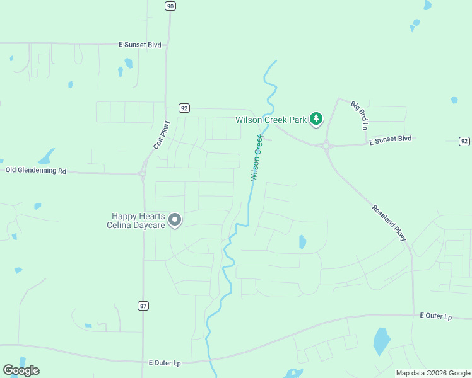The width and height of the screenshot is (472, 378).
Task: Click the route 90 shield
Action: click(x=170, y=6)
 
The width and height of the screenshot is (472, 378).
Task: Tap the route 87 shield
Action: click(x=143, y=306)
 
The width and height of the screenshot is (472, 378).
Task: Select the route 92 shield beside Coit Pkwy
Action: click(x=184, y=108)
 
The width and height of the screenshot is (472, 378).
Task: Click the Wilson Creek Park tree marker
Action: click(x=316, y=118)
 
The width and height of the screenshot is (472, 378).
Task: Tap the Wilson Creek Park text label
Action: click(x=271, y=120)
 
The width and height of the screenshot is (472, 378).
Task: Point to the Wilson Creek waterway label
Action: click(x=257, y=157)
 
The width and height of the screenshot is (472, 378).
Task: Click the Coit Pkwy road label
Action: click(x=162, y=135)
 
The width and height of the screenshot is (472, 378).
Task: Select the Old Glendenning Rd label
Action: click(x=35, y=170)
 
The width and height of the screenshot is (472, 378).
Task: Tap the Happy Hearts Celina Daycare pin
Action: click(x=175, y=220)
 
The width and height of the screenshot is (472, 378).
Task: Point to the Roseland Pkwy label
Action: click(x=389, y=222)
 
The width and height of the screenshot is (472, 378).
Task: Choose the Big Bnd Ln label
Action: click(x=358, y=114)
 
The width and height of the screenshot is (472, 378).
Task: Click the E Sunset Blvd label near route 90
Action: click(x=140, y=45)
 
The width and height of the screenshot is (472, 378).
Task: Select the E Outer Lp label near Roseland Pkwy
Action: click(x=436, y=315)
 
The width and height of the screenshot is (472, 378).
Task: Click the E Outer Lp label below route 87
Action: click(x=165, y=363)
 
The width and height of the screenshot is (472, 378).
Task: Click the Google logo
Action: click(x=21, y=370)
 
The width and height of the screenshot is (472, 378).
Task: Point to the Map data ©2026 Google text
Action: click(x=433, y=373)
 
